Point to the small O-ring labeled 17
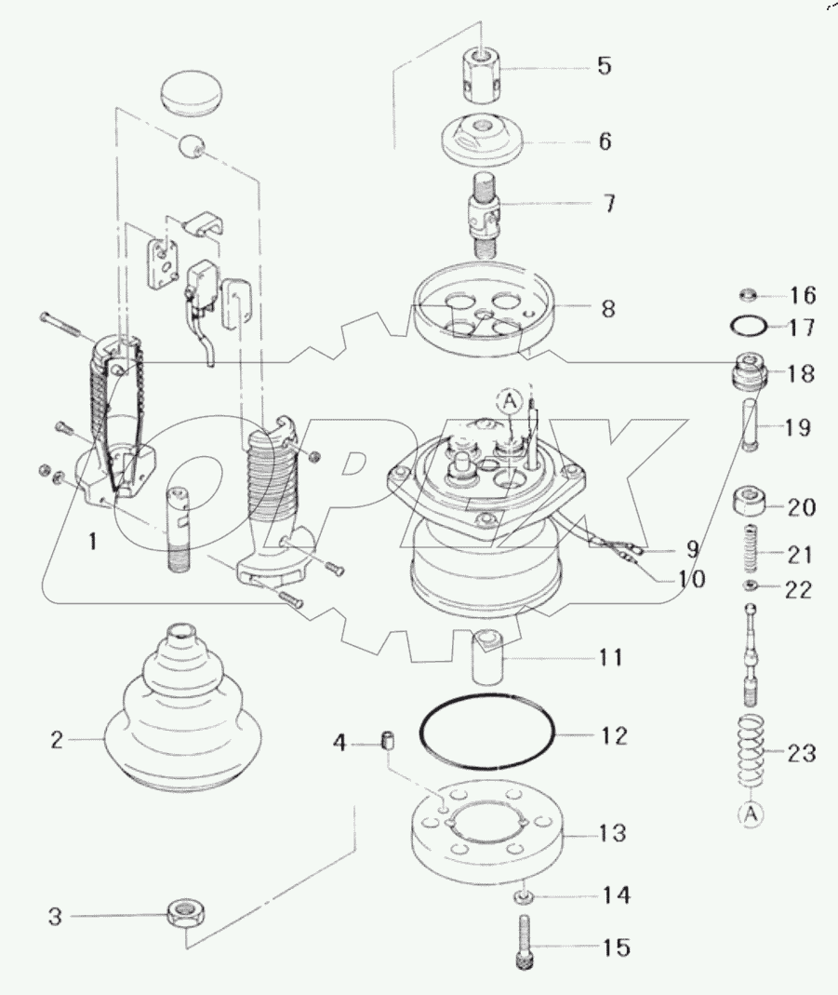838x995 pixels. click(749, 327)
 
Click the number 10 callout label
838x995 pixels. click(689, 579)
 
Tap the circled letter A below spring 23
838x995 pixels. click(751, 814)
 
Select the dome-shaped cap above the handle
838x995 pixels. click(193, 95)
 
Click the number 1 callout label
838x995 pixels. click(92, 541)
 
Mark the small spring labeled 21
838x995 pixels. click(751, 549)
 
